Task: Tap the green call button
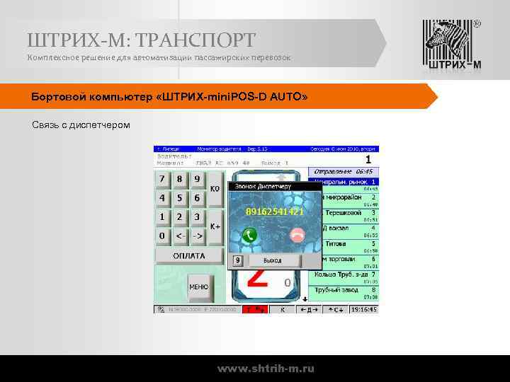249,236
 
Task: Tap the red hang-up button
297,236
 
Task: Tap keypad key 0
163,235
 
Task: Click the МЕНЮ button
198,286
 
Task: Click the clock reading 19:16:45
363,309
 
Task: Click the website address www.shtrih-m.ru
266,369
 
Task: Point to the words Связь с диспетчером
81,125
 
